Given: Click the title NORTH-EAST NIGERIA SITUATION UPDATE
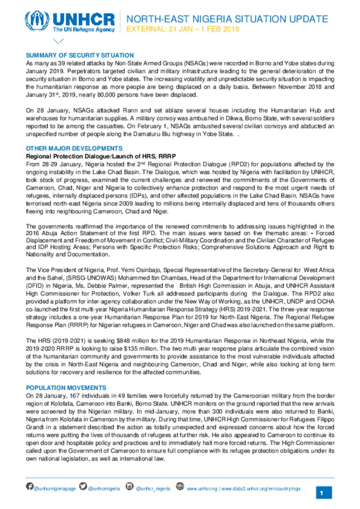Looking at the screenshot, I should tap(227, 19).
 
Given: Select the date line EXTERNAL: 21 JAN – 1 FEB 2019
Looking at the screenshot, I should tap(183, 29).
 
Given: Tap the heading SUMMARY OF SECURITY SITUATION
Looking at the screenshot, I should tap(80, 56).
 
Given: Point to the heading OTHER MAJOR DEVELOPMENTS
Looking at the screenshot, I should tap(74, 149).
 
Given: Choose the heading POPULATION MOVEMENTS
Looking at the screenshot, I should tap(66, 388).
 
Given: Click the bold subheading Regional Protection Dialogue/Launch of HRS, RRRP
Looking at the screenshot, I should tap(101, 156).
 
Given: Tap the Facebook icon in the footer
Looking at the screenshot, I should tap(30, 486).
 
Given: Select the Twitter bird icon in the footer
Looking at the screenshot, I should tap(83, 486).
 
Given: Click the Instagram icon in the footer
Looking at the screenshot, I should tap(130, 486).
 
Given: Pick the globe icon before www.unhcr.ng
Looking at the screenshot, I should tap(180, 486).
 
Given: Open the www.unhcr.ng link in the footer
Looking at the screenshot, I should tap(202, 489).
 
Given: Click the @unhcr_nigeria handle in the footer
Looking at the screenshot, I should tap(153, 489).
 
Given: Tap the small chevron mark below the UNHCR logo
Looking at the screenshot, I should tap(58, 41).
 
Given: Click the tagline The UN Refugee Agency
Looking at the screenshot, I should tap(84, 30).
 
